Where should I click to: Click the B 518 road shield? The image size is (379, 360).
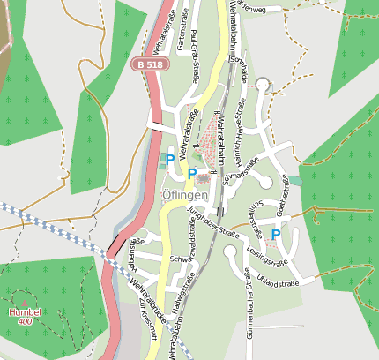150,65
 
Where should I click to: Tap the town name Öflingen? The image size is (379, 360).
185,195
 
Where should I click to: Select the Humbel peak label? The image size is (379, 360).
24,312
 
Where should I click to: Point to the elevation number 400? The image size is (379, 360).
24,322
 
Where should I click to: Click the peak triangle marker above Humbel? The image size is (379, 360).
24,303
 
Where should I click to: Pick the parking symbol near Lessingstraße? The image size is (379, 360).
276,235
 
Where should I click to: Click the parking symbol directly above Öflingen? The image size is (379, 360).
190,175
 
